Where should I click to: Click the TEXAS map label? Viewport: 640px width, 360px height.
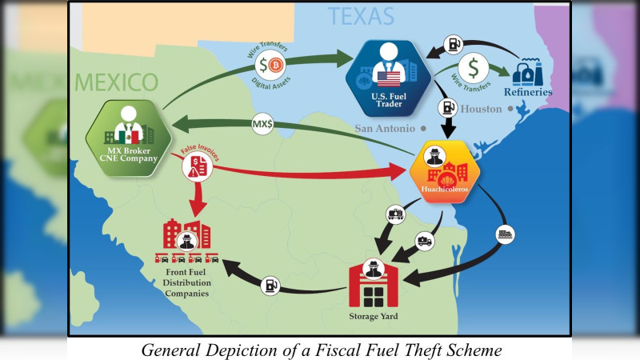(x=361, y=16)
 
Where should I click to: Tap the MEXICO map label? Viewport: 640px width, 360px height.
(x=116, y=82)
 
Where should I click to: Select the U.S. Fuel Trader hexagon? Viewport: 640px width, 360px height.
(x=388, y=78)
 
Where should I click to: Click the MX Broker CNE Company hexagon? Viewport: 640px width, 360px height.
(x=129, y=138)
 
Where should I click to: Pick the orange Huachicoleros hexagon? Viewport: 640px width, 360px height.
(x=445, y=171)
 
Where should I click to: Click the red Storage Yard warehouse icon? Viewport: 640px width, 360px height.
(x=373, y=283)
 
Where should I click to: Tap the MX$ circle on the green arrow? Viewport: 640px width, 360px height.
(x=262, y=124)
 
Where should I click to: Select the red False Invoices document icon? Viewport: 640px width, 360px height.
(x=197, y=166)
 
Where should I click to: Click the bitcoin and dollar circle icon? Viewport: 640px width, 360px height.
(x=270, y=66)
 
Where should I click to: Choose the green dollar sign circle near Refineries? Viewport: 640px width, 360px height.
(x=474, y=68)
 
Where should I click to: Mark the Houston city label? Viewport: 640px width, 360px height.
(x=481, y=109)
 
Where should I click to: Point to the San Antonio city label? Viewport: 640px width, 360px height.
(x=385, y=129)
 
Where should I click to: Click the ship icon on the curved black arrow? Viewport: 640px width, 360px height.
(x=506, y=234)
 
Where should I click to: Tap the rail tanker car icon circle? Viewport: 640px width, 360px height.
(x=396, y=214)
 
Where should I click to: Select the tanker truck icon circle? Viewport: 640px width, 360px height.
(x=425, y=242)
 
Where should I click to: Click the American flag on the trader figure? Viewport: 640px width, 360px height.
(x=388, y=79)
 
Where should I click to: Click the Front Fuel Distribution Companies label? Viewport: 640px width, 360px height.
(x=187, y=283)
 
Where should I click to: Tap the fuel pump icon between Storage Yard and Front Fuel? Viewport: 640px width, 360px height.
(x=270, y=286)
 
